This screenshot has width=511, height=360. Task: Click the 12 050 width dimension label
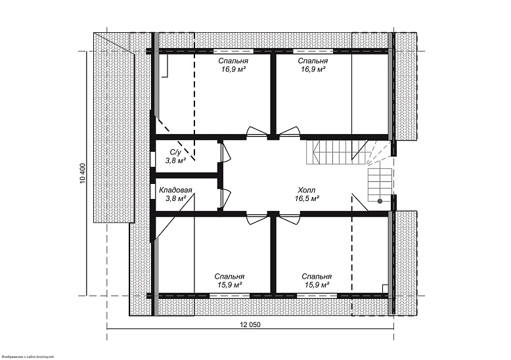[x=250, y=325]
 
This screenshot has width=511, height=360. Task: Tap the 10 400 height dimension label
[x=82, y=173]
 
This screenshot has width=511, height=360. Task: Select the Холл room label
[x=306, y=190]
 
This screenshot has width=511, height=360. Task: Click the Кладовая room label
[x=175, y=190]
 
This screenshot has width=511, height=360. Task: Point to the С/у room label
[x=175, y=152]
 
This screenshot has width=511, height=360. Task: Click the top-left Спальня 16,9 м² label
[x=233, y=65]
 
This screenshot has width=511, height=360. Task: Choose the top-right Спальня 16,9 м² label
[x=313, y=65]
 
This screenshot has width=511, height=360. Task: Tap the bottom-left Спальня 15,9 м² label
[x=229, y=281]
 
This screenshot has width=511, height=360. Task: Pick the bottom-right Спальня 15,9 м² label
[x=317, y=281]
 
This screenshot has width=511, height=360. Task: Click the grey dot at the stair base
[x=380, y=201]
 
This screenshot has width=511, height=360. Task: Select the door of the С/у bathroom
[x=226, y=152]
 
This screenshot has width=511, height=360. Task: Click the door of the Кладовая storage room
[x=226, y=198]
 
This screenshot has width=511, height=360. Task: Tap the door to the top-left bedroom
[x=257, y=131]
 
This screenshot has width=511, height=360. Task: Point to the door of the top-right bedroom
[x=289, y=131]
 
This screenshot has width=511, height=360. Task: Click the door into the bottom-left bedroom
[x=257, y=218]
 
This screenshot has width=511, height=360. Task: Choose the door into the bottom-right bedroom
[x=290, y=218]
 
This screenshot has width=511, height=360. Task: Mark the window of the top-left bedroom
[x=233, y=51]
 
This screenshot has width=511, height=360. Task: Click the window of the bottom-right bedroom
[x=317, y=296]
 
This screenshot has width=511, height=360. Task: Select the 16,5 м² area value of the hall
[x=307, y=198]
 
